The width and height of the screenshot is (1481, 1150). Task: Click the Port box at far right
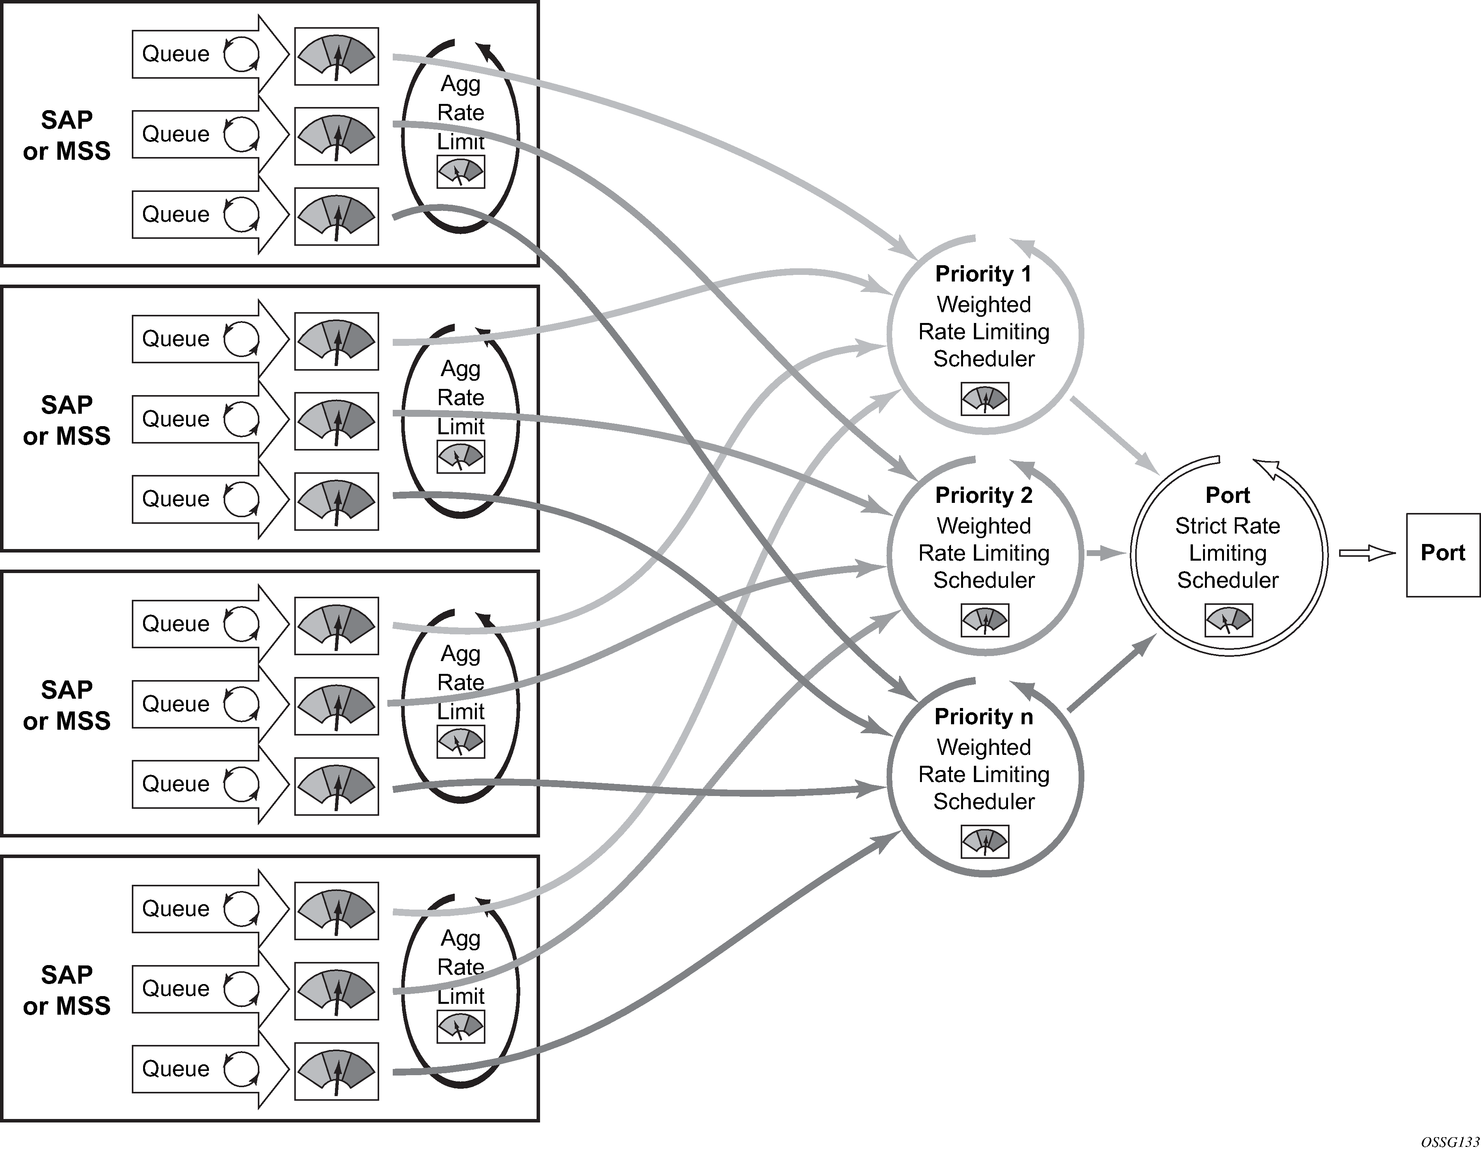coord(1442,555)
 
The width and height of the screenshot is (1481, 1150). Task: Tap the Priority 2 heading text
coord(983,496)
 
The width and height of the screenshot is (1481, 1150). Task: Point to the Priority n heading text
coord(983,717)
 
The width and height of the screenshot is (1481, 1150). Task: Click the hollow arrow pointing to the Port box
coord(1366,554)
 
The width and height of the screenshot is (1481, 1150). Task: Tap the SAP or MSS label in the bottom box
coord(66,990)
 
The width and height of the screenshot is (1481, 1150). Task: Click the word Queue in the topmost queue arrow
coord(176,54)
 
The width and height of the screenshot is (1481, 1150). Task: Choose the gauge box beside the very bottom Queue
coord(337,1071)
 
